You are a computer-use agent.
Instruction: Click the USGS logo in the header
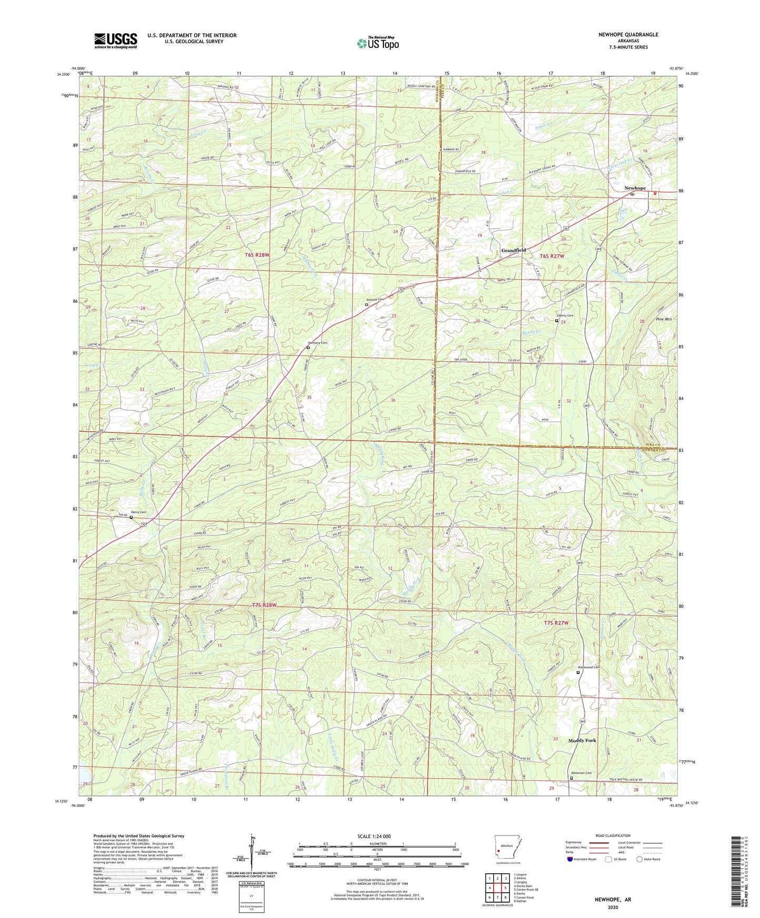click(115, 40)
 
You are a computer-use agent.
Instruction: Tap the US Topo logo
click(377, 43)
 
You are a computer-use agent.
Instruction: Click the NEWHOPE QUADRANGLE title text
click(628, 35)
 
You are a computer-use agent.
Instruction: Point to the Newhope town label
click(634, 188)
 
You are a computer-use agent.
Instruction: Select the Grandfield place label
click(513, 251)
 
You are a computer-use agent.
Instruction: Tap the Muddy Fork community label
click(582, 740)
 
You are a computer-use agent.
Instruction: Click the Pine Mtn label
click(664, 319)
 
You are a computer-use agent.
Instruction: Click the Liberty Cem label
click(565, 315)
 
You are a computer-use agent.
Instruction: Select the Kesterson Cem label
click(581, 773)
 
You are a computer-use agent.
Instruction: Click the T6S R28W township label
click(257, 255)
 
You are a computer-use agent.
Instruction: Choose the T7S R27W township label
click(556, 623)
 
